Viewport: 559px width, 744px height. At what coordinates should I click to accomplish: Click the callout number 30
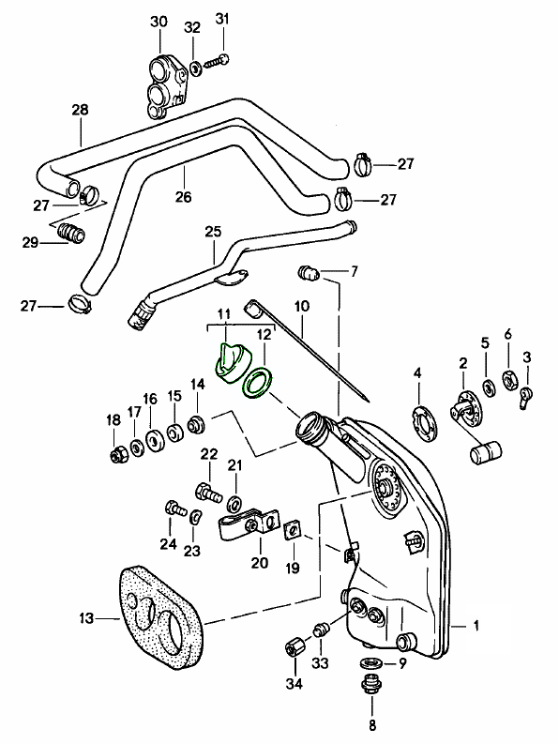tap(159, 22)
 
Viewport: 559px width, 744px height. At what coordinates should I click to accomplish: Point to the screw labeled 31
tap(217, 61)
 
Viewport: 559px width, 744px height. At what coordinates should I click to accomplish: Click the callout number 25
tap(214, 232)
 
